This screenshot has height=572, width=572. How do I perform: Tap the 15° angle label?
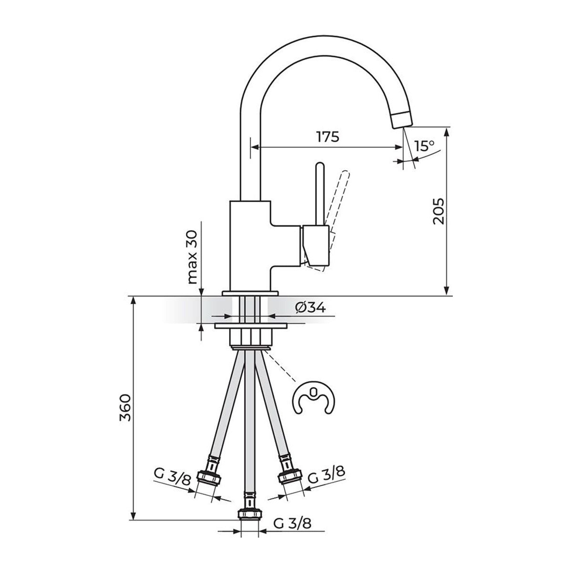[x=425, y=146]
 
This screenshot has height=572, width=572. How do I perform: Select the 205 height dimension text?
[x=439, y=211]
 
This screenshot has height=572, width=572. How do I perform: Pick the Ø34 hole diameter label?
[x=310, y=307]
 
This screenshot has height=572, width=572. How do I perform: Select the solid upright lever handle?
[x=320, y=193]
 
